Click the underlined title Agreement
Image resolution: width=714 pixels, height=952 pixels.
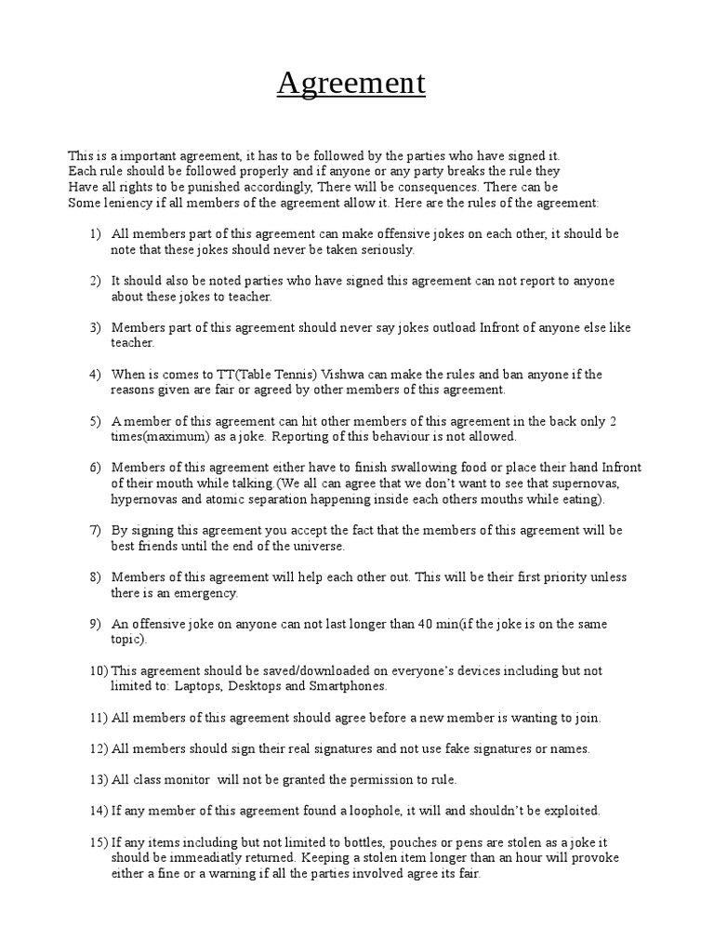click(350, 84)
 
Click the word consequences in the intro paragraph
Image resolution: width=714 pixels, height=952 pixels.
click(441, 186)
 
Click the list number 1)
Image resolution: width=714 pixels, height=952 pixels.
click(95, 233)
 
